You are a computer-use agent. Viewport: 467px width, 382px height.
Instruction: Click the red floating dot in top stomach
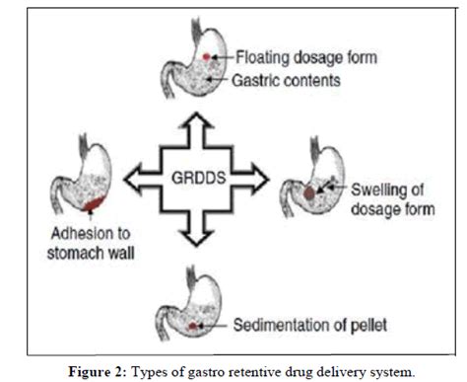(x=206, y=59)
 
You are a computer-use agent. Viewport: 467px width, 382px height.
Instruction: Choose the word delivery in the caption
(x=335, y=370)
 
